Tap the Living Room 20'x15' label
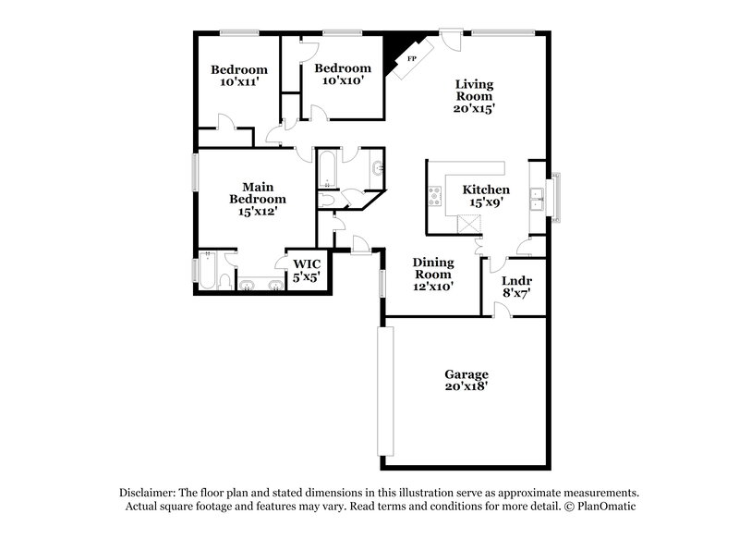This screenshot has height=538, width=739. (475, 96)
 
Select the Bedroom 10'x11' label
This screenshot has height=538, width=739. (239, 76)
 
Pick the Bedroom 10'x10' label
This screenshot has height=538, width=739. (343, 74)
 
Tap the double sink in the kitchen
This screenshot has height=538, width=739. (535, 197)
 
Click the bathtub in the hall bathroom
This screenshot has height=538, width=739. (325, 170)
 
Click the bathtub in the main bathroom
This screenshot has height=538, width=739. (208, 272)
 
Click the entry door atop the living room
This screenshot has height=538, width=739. (450, 41)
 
